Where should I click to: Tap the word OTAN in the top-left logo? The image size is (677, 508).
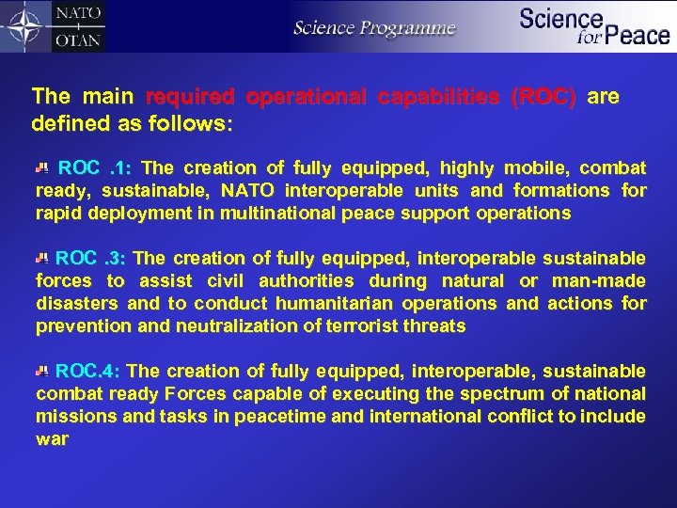tap(80, 40)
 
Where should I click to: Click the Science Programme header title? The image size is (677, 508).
tap(374, 27)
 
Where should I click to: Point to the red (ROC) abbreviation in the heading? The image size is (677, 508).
tap(543, 97)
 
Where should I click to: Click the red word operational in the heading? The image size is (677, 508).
tap(310, 97)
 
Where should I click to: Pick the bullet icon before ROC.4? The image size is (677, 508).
tap(41, 372)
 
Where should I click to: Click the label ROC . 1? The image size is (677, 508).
tap(98, 168)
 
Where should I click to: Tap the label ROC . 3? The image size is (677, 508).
tap(97, 259)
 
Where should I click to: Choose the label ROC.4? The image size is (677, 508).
tap(94, 372)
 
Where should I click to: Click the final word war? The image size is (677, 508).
tap(52, 439)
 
